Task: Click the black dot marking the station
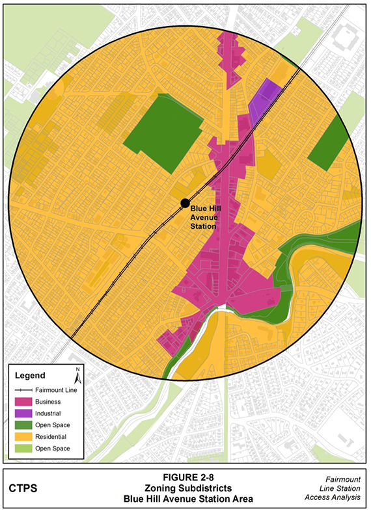(x=185, y=203)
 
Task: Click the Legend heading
(x=29, y=376)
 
